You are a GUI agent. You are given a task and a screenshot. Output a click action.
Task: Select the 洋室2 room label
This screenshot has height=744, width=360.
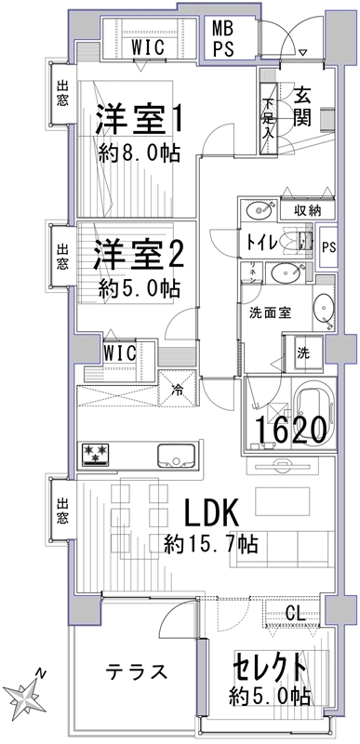pos(139,258)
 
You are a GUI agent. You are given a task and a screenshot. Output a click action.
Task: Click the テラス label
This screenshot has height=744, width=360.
pos(137,671)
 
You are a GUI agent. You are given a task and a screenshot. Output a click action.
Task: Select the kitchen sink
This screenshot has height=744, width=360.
pos(176,456)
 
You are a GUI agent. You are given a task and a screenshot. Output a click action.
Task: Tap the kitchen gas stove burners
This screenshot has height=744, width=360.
pos(97,453)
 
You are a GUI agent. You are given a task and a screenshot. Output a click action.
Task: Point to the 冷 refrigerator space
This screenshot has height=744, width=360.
pos(177,389)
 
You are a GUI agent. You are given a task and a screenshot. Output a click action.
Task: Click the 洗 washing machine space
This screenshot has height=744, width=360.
pos(302,352)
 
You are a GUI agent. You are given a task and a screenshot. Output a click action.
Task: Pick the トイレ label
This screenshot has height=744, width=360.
pos(260,242)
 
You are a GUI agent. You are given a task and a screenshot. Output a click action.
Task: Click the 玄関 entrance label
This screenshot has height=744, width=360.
pos(301,107)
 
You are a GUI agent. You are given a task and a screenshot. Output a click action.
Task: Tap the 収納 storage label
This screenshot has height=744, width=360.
pos(307,211)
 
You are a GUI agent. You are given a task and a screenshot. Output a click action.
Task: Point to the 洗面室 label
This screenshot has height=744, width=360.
pos(271,313)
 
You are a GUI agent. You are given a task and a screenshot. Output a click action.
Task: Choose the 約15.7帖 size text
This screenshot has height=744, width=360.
pos(211,544)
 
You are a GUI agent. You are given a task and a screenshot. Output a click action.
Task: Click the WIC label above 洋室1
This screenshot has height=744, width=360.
pos(148,47)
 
